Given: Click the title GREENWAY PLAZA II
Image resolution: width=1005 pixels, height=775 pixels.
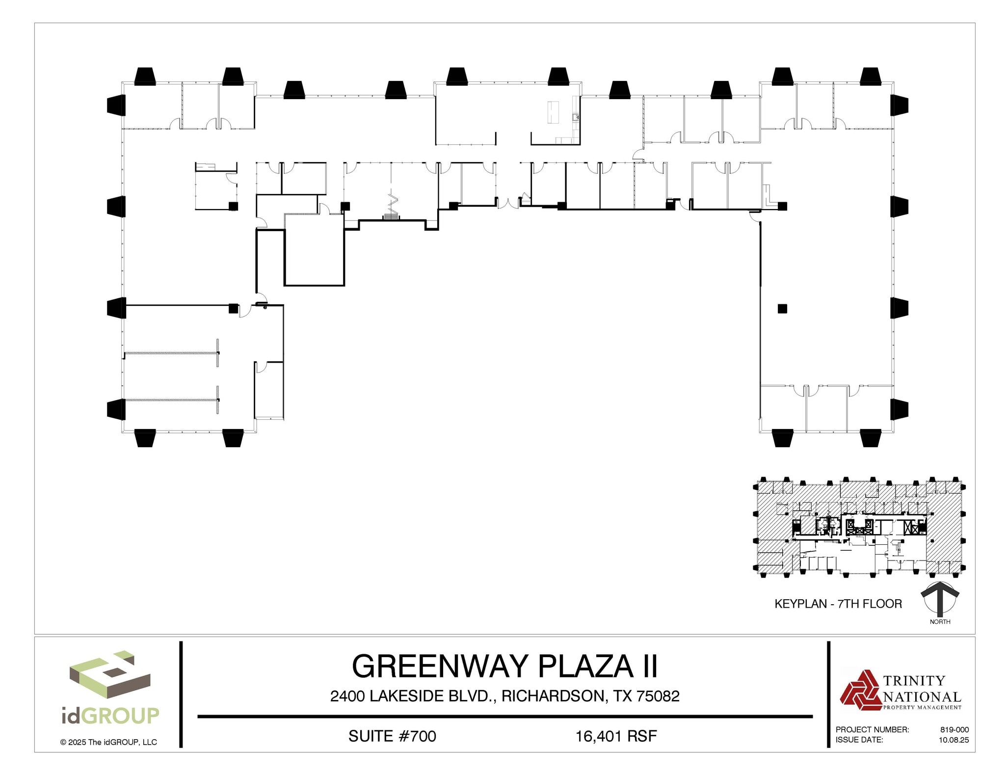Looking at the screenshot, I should (504, 666).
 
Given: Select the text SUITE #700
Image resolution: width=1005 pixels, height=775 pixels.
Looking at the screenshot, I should (392, 736).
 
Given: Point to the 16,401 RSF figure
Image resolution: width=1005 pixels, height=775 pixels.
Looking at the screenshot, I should (616, 736).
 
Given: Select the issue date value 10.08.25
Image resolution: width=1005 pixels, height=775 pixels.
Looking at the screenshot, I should (953, 740).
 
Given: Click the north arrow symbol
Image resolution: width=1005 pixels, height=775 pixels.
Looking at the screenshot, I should (939, 599).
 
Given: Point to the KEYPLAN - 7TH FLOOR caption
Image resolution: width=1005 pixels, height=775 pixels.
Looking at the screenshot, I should (838, 604).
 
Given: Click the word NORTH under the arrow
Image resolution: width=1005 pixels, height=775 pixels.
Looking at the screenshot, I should (940, 622).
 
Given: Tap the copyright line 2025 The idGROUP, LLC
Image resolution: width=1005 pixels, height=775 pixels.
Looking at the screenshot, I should (108, 742).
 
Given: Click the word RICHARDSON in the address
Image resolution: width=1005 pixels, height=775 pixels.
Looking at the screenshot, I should (553, 696).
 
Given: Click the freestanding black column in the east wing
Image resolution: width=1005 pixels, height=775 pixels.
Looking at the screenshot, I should (782, 309).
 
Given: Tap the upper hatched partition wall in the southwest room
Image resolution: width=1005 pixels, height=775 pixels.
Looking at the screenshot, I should (171, 353).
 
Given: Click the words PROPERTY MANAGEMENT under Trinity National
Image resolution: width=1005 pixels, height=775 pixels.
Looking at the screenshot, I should (922, 707).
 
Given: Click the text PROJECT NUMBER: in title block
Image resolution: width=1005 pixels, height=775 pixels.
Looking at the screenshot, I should (872, 730).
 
